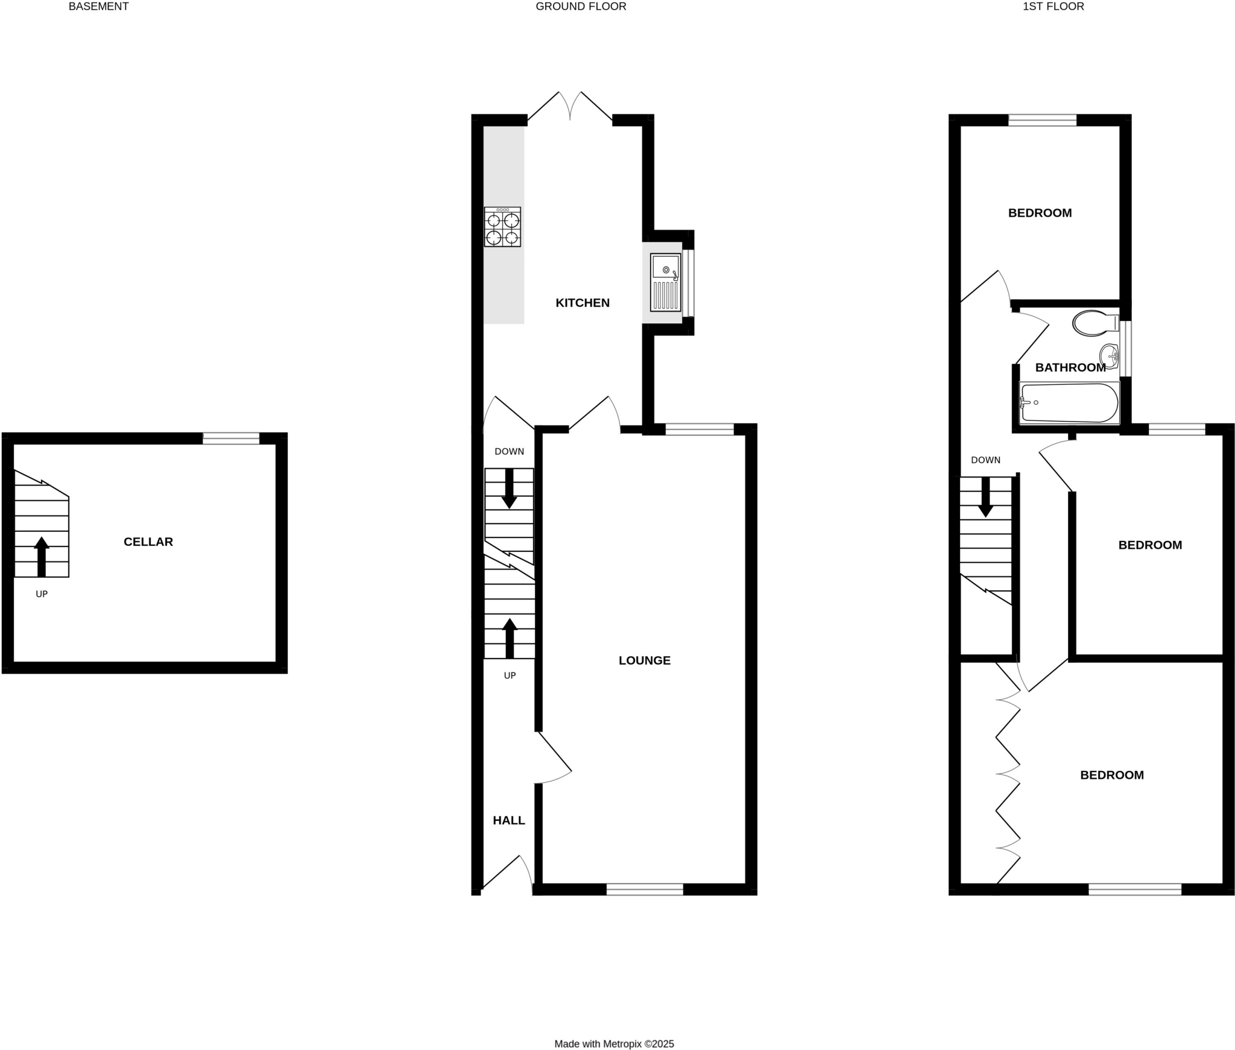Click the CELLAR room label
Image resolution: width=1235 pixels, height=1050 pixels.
click(x=148, y=542)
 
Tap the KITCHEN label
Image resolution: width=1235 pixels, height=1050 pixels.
click(x=582, y=303)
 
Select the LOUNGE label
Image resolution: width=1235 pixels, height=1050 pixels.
click(x=644, y=660)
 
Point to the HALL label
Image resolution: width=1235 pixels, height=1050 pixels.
click(x=508, y=820)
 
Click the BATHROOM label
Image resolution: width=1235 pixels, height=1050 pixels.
click(x=1070, y=367)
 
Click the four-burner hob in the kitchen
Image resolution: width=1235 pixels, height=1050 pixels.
click(x=502, y=227)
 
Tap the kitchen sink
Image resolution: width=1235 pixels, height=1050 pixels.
click(x=665, y=282)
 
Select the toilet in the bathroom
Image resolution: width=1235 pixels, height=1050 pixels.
click(x=1094, y=323)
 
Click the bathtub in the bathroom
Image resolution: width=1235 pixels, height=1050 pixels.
click(x=1069, y=402)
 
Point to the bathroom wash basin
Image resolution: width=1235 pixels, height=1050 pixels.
click(x=1109, y=356)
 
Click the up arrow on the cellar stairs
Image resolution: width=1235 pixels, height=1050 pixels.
click(x=42, y=557)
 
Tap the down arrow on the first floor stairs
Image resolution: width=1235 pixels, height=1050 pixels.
click(x=985, y=497)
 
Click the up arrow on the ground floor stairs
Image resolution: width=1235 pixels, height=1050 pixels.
click(x=510, y=638)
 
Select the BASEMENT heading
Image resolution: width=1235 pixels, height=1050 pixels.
click(x=98, y=7)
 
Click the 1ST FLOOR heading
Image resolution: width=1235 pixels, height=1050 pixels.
click(x=1053, y=7)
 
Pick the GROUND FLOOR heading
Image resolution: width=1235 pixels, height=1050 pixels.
click(x=581, y=7)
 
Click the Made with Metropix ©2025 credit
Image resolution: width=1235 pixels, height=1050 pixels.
click(x=614, y=1044)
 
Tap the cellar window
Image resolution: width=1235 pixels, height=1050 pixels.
click(x=231, y=438)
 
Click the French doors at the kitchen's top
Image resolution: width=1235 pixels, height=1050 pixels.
click(x=570, y=109)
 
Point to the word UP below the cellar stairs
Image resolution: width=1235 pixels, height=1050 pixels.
click(x=42, y=594)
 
